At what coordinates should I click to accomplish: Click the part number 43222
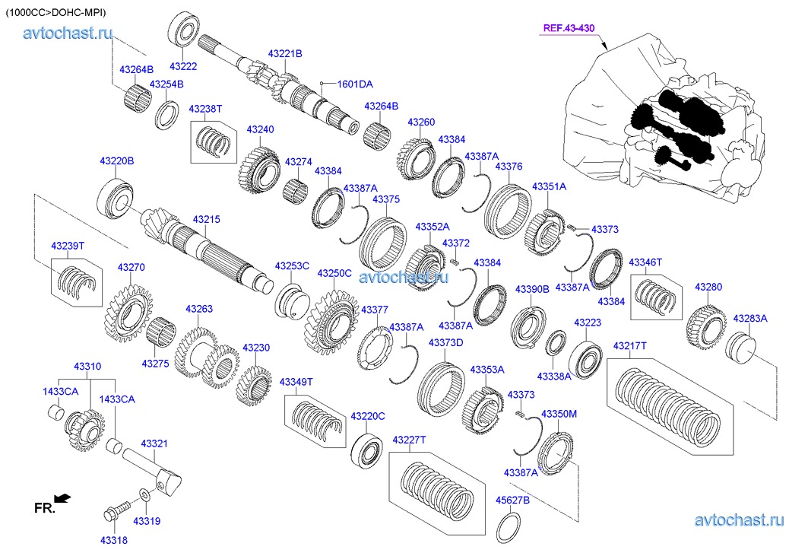click(183, 67)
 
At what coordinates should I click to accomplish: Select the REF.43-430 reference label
click(569, 28)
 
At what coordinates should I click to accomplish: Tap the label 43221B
click(285, 53)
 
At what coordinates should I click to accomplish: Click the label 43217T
click(630, 345)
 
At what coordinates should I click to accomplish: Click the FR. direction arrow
click(63, 498)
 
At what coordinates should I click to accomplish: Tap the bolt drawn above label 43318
click(114, 510)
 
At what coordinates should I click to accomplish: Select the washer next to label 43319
click(144, 496)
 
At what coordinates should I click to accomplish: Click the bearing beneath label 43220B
click(116, 196)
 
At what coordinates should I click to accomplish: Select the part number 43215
click(206, 220)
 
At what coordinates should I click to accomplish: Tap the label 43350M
click(559, 413)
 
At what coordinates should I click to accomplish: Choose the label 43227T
click(409, 440)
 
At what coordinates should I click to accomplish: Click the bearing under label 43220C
click(366, 450)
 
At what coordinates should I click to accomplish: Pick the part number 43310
click(87, 366)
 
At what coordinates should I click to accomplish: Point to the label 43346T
click(645, 262)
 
